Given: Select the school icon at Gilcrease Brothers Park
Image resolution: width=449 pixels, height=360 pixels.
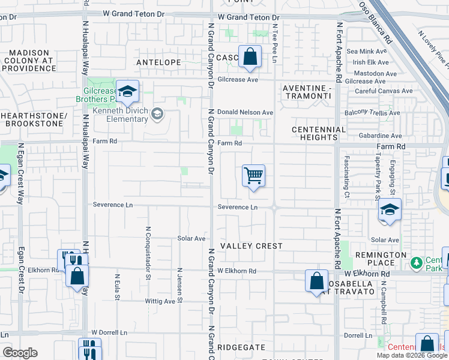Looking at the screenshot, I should (127, 91).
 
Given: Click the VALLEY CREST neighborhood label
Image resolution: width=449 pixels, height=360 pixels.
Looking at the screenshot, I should (251, 246).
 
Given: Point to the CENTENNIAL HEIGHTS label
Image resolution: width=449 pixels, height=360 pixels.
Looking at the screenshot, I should (319, 133).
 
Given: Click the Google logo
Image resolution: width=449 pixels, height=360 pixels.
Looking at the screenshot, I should (20, 353).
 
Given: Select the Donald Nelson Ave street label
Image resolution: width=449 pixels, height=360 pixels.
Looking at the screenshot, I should (245, 112).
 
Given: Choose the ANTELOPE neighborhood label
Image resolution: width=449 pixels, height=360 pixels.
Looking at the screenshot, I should (158, 62).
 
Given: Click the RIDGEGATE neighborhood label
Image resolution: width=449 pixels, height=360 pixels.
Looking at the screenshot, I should (241, 347).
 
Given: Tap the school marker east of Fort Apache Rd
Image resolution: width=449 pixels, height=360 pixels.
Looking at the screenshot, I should (390, 210).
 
